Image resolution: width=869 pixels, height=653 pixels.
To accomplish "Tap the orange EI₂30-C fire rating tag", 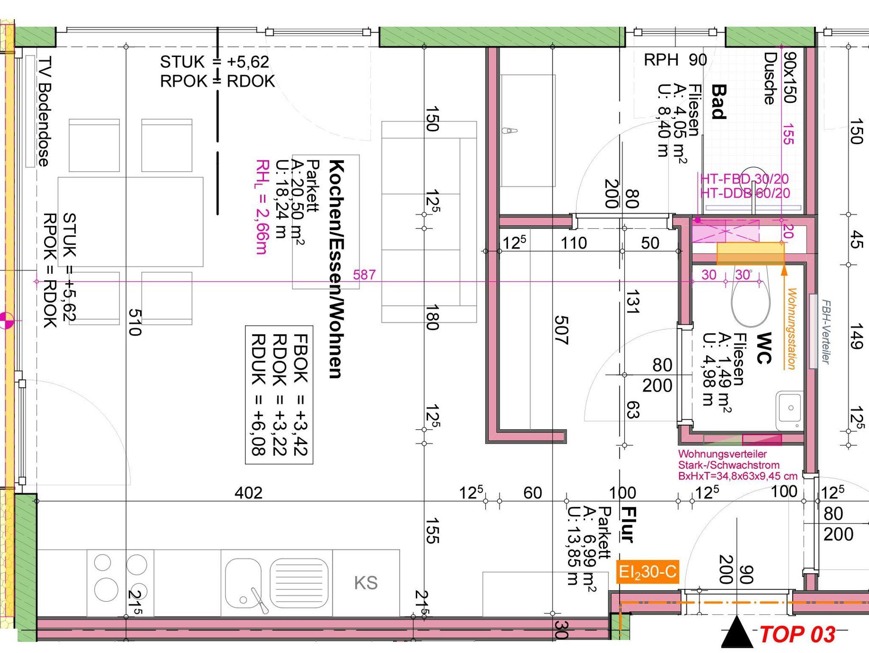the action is pyautogui.click(x=647, y=572).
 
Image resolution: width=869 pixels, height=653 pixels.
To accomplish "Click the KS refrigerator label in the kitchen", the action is pyautogui.click(x=366, y=583).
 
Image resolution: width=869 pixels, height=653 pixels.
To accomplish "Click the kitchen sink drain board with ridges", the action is pyautogui.click(x=299, y=583).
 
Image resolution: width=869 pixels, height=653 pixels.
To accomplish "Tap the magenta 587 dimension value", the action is pyautogui.click(x=364, y=275).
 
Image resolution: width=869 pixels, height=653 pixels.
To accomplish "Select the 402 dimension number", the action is pyautogui.click(x=249, y=493).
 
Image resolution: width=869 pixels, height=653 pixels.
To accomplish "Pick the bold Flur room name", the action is pyautogui.click(x=628, y=525).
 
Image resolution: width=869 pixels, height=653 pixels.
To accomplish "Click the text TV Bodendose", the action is pyautogui.click(x=44, y=111).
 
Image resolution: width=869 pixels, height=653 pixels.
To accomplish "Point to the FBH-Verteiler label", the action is pyautogui.click(x=826, y=331).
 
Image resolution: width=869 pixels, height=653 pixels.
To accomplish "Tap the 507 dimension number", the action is pyautogui.click(x=561, y=330).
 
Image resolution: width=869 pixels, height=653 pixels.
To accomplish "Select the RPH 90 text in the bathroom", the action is pyautogui.click(x=675, y=60).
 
